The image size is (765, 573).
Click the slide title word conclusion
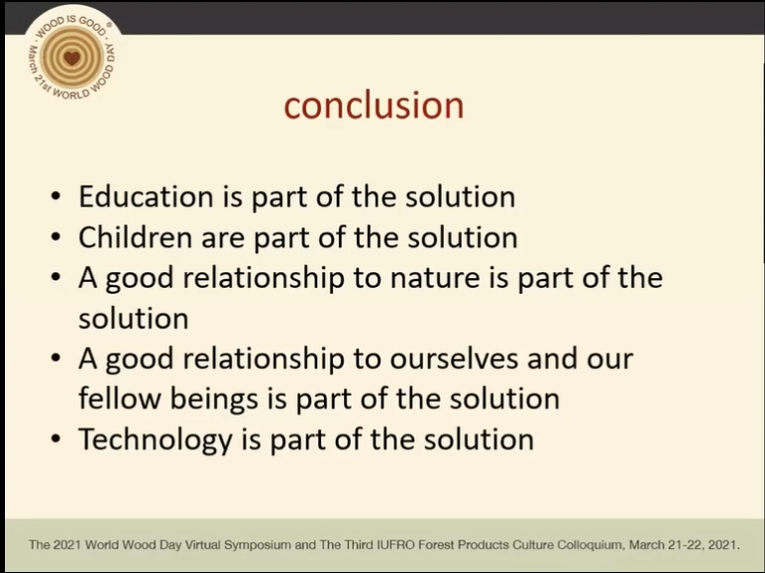point(374,105)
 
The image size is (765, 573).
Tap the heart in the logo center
point(71,58)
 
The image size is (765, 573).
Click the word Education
point(146,196)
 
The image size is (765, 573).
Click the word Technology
point(156,440)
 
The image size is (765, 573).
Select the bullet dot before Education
point(55,197)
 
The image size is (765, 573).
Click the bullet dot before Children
point(55,238)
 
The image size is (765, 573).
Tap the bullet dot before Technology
point(55,439)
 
